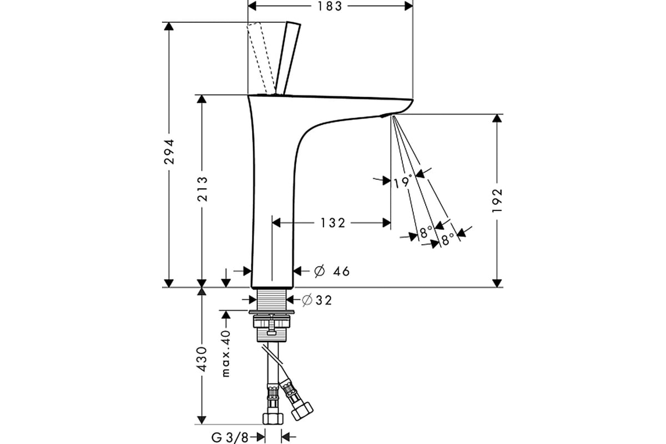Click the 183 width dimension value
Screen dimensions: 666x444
pos(330,7)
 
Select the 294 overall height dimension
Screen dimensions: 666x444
pos(169,152)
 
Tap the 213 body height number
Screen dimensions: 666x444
pos(203,189)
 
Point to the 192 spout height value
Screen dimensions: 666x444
pos(497,200)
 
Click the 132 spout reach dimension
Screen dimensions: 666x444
pos(333,223)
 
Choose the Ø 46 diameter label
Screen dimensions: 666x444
pos(332,271)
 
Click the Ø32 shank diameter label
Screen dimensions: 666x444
pos(316,300)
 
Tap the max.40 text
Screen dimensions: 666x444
pos(226,354)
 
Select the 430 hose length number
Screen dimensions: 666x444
pos(203,359)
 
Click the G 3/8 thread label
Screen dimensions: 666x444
pos(230,437)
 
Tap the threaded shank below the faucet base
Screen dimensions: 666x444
pos(271,299)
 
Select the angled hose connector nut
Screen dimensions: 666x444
pos(302,411)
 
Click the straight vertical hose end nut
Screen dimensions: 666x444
pos(273,418)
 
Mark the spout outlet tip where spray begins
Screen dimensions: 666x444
pos(393,117)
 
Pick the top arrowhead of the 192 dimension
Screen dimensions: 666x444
pos(497,118)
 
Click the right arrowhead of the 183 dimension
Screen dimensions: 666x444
pos(409,6)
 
